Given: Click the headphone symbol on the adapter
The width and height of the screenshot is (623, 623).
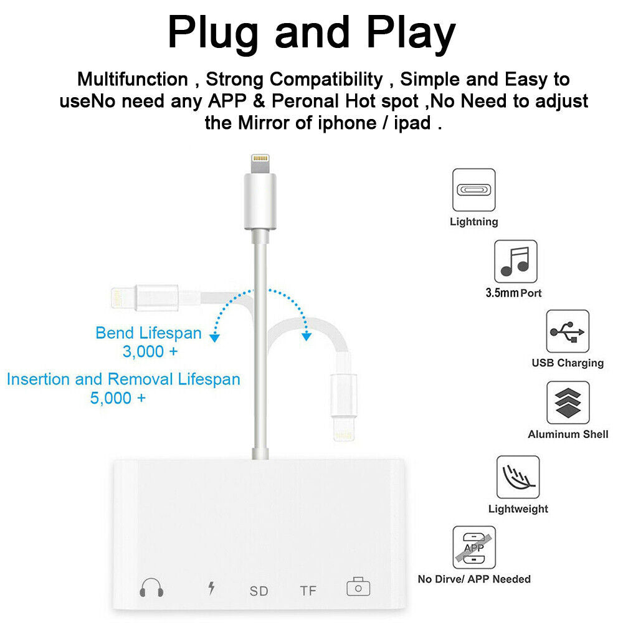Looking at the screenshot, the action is click(x=151, y=587).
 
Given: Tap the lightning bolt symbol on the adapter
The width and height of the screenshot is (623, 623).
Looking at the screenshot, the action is click(x=211, y=588).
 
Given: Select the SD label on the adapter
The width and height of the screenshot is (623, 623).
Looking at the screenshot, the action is click(x=259, y=591).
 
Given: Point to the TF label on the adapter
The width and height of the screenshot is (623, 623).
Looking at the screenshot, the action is click(x=308, y=591).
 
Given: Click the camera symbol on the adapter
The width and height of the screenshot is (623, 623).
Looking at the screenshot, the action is click(x=358, y=587).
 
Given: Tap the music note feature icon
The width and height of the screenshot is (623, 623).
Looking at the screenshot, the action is click(x=515, y=262).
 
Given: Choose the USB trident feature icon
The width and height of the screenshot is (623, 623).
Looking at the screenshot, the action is click(x=568, y=331).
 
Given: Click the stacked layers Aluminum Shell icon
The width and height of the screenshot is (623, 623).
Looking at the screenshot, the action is click(x=568, y=402).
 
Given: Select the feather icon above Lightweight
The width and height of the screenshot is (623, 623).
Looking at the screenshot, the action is click(x=518, y=477).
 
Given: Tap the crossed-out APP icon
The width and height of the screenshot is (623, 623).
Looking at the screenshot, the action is click(x=474, y=548).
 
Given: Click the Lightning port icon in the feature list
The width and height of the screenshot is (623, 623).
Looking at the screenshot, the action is click(x=473, y=190).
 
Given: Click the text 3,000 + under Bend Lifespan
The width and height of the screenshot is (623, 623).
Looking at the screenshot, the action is click(x=150, y=351).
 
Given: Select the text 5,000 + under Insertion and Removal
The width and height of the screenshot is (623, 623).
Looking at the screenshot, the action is click(x=118, y=398).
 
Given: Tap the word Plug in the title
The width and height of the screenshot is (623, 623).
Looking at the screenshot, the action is click(x=213, y=34).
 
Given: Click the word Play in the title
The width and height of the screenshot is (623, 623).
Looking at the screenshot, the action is click(x=411, y=34).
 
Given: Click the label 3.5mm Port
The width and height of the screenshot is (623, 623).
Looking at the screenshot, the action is click(x=513, y=293).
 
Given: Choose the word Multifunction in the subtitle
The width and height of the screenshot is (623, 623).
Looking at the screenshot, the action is click(x=132, y=79).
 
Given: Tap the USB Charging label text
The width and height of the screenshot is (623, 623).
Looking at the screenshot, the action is click(x=568, y=363).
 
